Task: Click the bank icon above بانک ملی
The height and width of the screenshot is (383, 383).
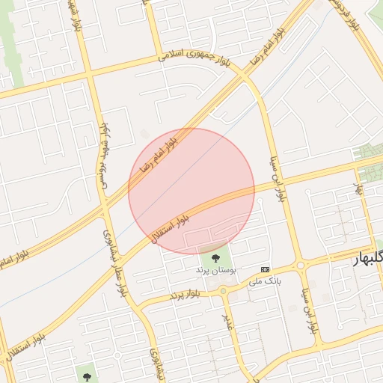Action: (x=265, y=269)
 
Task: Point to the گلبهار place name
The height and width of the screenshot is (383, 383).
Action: (x=367, y=258)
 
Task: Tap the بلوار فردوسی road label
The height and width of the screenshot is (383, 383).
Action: (x=346, y=15)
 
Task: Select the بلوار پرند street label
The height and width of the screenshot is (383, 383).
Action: (x=185, y=294)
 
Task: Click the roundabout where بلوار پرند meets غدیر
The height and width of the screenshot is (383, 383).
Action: (x=223, y=290)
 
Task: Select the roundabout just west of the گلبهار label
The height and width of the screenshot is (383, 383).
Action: (x=301, y=266)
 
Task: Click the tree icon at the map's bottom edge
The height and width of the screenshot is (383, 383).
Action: (x=87, y=372)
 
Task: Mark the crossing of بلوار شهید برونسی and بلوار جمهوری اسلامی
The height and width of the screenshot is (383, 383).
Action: (x=89, y=74)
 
